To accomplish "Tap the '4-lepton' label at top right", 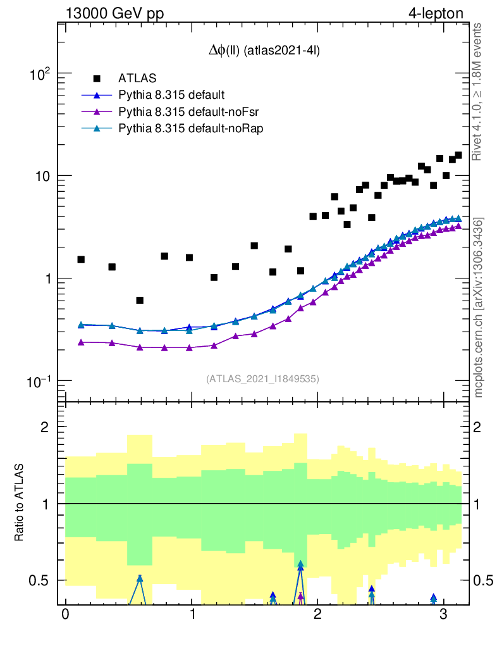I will click(x=436, y=13).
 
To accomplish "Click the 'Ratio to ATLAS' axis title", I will click(x=20, y=503).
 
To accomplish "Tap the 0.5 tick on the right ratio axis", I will click(x=484, y=580).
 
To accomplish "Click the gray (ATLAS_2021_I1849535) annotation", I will click(x=262, y=379).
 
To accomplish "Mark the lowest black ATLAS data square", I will click(x=140, y=300).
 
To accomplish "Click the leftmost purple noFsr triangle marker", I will click(x=81, y=342).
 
